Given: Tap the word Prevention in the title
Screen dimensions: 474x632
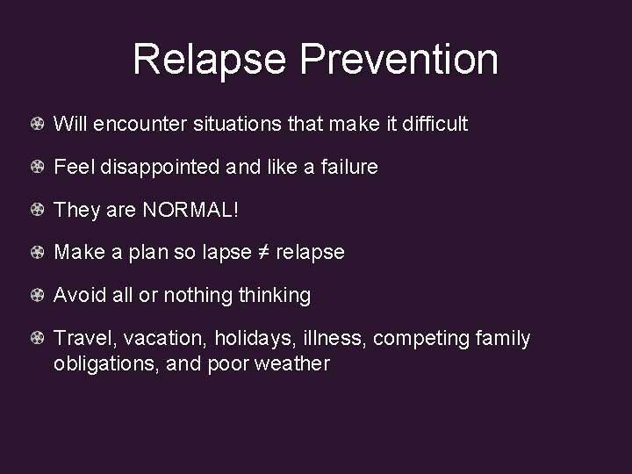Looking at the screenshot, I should pyautogui.click(x=399, y=60).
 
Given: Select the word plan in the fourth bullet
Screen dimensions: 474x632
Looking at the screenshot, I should pyautogui.click(x=143, y=253).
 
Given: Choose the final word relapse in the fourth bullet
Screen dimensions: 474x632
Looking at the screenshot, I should pyautogui.click(x=311, y=253).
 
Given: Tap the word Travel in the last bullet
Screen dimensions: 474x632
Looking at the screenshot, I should pyautogui.click(x=85, y=338).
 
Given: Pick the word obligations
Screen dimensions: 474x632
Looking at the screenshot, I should pyautogui.click(x=101, y=363).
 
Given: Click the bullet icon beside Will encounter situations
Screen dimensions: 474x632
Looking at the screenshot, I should pyautogui.click(x=38, y=125).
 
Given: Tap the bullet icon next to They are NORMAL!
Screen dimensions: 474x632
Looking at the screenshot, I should pyautogui.click(x=38, y=210).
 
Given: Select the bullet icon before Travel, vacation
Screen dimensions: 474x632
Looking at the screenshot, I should pyautogui.click(x=38, y=338).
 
